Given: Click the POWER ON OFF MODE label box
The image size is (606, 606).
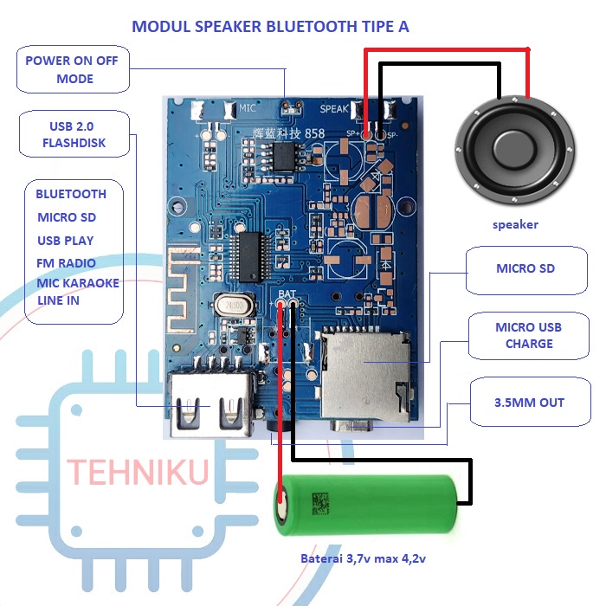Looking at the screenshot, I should [x=72, y=70].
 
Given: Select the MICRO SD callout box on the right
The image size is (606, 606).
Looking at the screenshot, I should [x=525, y=268].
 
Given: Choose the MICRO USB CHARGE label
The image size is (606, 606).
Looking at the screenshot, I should [x=528, y=335].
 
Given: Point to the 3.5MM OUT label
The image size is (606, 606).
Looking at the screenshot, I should [x=528, y=403].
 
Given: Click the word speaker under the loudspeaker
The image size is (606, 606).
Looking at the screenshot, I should [x=515, y=224].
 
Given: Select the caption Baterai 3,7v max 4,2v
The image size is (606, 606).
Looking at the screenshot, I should [x=363, y=558].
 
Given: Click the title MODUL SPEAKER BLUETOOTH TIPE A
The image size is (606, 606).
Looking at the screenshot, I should [x=270, y=27].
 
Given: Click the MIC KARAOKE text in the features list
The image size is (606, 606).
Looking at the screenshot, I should [x=78, y=283].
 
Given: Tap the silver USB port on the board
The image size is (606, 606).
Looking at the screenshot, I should [x=211, y=403].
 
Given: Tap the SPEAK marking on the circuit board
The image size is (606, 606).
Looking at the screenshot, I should [x=335, y=109].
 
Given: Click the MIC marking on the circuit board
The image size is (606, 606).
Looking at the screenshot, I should [x=248, y=110].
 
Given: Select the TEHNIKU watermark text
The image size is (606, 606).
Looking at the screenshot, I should [x=139, y=473].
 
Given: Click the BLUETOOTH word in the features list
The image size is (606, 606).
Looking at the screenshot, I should [x=71, y=194].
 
